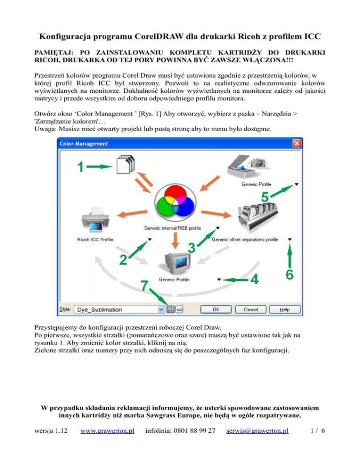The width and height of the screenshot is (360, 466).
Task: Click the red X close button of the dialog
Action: click(296, 143)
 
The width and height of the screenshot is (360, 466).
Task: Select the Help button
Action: click(285, 309)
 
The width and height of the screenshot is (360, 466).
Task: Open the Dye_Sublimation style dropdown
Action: click(161, 309)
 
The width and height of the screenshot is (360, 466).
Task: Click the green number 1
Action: click(82, 166)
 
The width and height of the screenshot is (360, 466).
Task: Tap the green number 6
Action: click(289, 275)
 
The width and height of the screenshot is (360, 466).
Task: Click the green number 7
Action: click(145, 285)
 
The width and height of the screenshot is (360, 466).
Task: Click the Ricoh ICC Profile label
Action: click(95, 240)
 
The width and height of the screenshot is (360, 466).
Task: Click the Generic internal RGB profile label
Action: click(171, 228)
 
